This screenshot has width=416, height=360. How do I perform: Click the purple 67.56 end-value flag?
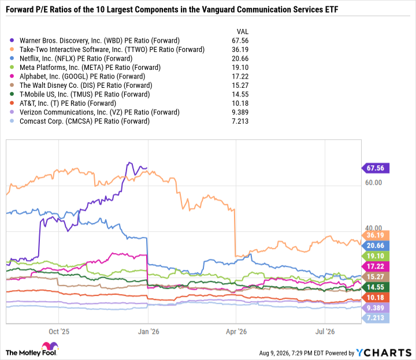(x=376, y=168)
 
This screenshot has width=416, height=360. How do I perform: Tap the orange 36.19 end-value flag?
(x=376, y=235)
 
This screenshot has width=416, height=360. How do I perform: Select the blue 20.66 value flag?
(x=376, y=246)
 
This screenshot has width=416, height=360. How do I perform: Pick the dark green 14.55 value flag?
(x=376, y=287)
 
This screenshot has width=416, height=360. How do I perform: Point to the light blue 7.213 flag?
(x=376, y=318)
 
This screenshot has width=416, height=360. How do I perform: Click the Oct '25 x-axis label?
(x=59, y=331)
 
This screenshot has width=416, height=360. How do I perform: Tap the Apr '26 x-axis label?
(x=236, y=331)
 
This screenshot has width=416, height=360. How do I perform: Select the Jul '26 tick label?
(x=325, y=331)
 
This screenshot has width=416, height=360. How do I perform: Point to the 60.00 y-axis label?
(x=374, y=183)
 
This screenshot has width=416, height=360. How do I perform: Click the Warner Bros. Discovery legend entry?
(x=99, y=40)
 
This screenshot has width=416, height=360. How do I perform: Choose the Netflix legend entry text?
(x=76, y=58)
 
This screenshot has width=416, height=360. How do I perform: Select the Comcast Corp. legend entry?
(x=84, y=121)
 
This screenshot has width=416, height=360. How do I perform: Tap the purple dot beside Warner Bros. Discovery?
(x=12, y=40)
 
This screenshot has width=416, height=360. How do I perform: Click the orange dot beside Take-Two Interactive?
(x=12, y=49)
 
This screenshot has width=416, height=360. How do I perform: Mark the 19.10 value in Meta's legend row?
(x=240, y=68)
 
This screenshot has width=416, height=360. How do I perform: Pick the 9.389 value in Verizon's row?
(x=240, y=112)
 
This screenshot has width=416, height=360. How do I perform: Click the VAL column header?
(x=243, y=32)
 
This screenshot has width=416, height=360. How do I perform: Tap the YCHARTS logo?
(x=384, y=352)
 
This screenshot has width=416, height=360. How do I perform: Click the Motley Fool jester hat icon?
(x=50, y=346)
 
